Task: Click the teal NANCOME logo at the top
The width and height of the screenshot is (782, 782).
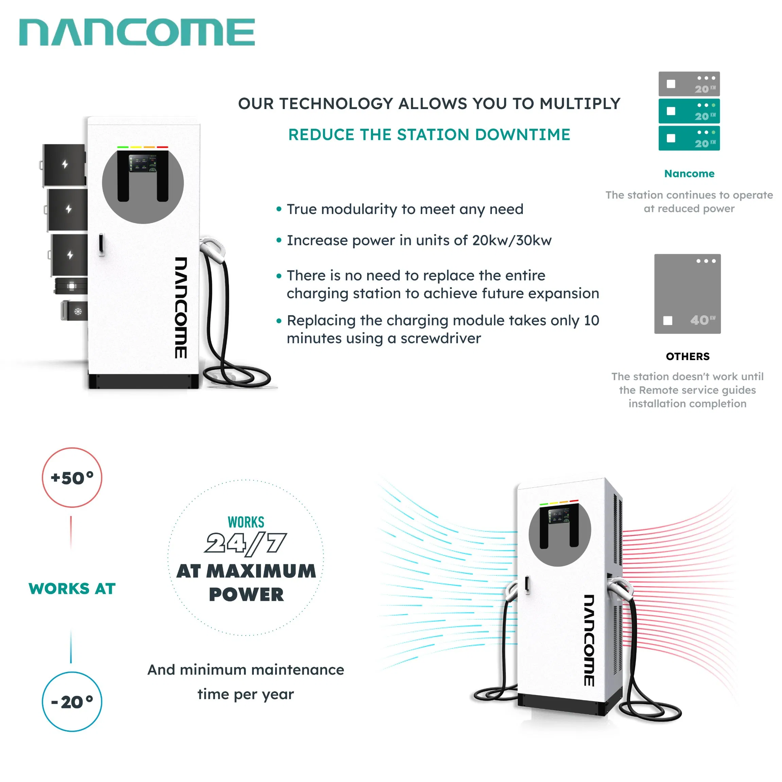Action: point(137,32)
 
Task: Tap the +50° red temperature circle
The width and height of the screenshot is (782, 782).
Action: point(72,478)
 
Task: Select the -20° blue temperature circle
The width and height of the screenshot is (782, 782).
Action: point(72,701)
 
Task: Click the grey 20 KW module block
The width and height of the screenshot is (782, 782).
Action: point(689,84)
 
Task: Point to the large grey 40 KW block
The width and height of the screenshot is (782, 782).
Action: point(687,294)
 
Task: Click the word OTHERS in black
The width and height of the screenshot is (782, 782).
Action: point(688,356)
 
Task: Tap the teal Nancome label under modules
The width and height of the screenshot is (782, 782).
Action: point(689,173)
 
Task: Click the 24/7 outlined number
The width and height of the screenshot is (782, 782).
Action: point(246,543)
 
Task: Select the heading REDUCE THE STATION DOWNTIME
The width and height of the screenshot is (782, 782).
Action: point(429,135)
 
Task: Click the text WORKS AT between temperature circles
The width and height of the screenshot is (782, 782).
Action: point(72,588)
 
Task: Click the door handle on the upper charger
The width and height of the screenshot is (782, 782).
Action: point(101,245)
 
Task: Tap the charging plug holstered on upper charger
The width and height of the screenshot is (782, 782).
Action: point(213,248)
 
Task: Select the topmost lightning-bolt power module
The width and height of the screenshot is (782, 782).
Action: point(65,164)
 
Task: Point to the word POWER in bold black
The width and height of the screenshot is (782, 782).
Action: point(246,594)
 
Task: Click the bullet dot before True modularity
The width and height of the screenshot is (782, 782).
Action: point(279,209)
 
